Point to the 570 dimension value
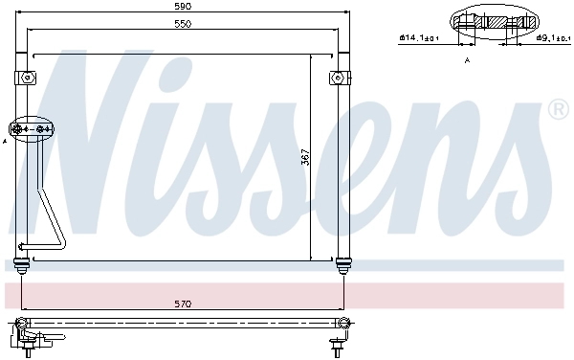[x=182, y=304]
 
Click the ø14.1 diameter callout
[x=419, y=38]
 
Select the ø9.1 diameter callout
[x=553, y=38]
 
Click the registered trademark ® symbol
[x=559, y=112]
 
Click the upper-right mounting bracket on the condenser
[x=337, y=77]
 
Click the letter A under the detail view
[x=467, y=59]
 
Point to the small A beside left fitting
[x=5, y=141]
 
